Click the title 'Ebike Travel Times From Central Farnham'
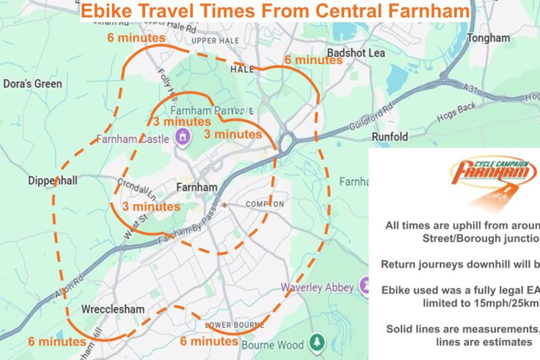click(276, 11)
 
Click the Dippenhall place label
click(52, 181)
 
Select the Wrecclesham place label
click(108, 309)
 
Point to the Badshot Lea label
click(355, 52)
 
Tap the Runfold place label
click(390, 137)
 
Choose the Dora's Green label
click(32, 83)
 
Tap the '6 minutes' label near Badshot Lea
click(313, 60)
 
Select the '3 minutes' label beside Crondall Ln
click(151, 206)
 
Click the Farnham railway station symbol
click(225, 205)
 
